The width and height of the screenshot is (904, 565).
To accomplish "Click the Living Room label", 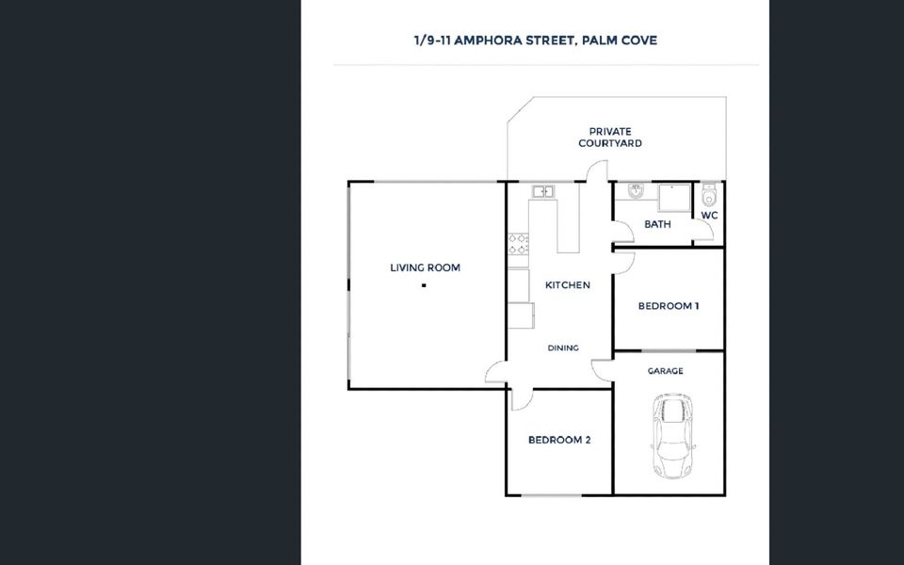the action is pyautogui.click(x=425, y=267).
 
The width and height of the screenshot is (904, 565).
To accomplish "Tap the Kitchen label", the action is pyautogui.click(x=567, y=284).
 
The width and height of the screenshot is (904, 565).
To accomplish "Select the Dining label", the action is pyautogui.click(x=563, y=348).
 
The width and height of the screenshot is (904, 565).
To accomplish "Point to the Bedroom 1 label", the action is pyautogui.click(x=669, y=306).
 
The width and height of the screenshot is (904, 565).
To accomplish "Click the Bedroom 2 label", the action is pyautogui.click(x=559, y=440).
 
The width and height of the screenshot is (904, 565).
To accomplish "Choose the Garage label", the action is pyautogui.click(x=666, y=371).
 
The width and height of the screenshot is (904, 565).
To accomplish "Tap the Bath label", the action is pyautogui.click(x=657, y=224).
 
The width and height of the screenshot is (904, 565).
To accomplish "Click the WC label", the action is pyautogui.click(x=709, y=216).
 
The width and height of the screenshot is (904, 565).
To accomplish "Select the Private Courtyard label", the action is pyautogui.click(x=610, y=137).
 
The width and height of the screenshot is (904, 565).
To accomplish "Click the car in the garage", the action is pyautogui.click(x=672, y=436).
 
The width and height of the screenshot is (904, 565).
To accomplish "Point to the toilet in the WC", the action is pyautogui.click(x=708, y=195).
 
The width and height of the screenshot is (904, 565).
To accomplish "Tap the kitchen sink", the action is pyautogui.click(x=542, y=191).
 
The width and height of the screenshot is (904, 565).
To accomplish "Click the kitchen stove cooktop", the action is pyautogui.click(x=518, y=245).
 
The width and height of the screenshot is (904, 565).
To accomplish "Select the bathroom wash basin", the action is pyautogui.click(x=636, y=190).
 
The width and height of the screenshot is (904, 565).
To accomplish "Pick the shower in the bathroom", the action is pyautogui.click(x=674, y=198).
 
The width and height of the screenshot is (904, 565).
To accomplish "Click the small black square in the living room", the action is pyautogui.click(x=424, y=285).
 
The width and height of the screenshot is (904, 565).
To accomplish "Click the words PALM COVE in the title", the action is pyautogui.click(x=620, y=40).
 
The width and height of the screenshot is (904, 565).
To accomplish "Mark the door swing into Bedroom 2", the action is pyautogui.click(x=521, y=399).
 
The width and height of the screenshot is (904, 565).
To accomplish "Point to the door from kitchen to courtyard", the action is pyautogui.click(x=597, y=171).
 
